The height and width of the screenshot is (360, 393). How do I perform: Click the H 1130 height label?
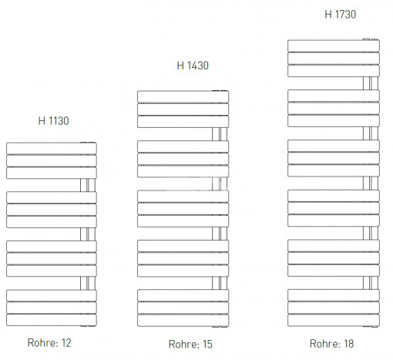point(54,121)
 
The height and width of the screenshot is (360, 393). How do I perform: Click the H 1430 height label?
point(193,66)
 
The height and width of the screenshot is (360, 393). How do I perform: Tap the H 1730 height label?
point(341,15)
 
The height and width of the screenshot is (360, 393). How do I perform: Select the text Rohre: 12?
point(49,343)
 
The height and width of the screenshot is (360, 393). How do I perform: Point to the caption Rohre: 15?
point(190,344)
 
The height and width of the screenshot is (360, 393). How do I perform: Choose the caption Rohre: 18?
point(332,344)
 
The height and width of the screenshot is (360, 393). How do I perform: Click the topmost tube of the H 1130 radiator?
point(52,148)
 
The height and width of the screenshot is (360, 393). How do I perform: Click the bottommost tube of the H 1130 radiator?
point(52,320)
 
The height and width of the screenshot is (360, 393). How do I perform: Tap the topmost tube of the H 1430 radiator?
point(183,96)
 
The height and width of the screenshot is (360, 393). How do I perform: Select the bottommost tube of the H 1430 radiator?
point(183,321)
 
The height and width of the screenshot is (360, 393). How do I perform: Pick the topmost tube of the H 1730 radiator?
point(334,45)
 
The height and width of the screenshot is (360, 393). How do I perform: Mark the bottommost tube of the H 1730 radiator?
point(334,320)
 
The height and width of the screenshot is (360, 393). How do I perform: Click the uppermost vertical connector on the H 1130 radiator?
point(88,185)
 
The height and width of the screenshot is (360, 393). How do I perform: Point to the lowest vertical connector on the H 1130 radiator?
point(88,283)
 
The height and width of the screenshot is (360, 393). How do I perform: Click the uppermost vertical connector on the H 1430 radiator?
point(220,134)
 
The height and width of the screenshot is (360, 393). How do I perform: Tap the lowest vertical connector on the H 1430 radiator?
point(220,283)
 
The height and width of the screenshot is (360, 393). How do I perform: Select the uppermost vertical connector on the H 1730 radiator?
point(371,83)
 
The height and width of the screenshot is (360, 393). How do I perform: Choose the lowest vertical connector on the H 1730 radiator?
point(371,283)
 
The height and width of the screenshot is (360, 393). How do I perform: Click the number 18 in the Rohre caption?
point(349,344)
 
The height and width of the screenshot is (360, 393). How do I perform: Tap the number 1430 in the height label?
point(198,66)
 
